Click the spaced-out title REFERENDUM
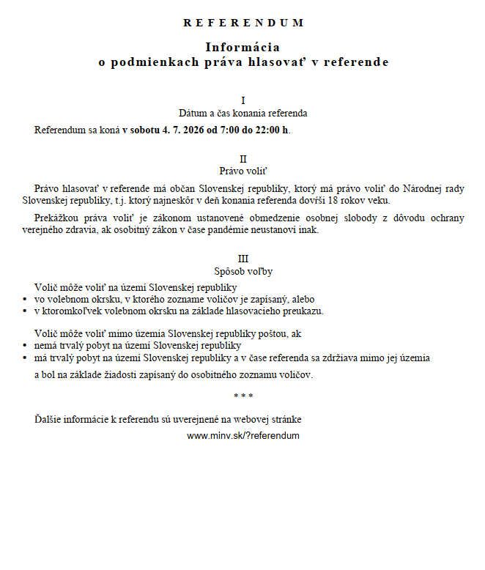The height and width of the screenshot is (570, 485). click(242, 23)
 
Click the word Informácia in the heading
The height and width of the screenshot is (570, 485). click(242, 47)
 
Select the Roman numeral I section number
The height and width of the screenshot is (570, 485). click(242, 100)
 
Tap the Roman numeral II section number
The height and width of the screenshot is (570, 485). click(242, 159)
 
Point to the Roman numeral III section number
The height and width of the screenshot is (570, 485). click(242, 259)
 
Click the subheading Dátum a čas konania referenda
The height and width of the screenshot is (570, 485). click(242, 114)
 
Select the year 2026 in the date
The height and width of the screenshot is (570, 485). click(190, 130)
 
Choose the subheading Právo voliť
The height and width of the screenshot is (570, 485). click(242, 171)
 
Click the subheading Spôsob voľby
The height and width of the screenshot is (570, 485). click(242, 272)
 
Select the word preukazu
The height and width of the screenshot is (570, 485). click(304, 311)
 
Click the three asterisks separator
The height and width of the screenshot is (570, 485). click(242, 396)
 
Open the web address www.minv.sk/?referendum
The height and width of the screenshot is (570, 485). click(242, 435)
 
